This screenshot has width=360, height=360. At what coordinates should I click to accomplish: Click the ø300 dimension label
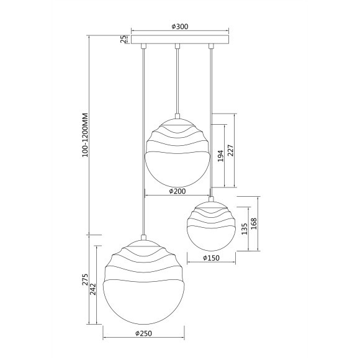coord(180,27)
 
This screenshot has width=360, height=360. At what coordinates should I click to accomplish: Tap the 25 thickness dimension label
coord(124,39)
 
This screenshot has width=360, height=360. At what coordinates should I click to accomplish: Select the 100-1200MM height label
coord(85,135)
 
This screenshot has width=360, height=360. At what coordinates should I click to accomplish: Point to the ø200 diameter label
coord(178,191)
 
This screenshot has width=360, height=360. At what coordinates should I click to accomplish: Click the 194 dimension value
coord(220,156)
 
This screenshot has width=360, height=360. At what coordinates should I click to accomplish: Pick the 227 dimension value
coord(230,151)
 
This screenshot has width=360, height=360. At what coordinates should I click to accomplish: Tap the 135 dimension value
coord(245,228)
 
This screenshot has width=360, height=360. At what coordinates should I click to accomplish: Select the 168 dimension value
coord(254,223)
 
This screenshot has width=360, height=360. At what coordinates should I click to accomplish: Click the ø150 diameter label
coord(211,258)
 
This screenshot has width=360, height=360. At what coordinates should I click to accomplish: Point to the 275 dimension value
coord(85,279)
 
